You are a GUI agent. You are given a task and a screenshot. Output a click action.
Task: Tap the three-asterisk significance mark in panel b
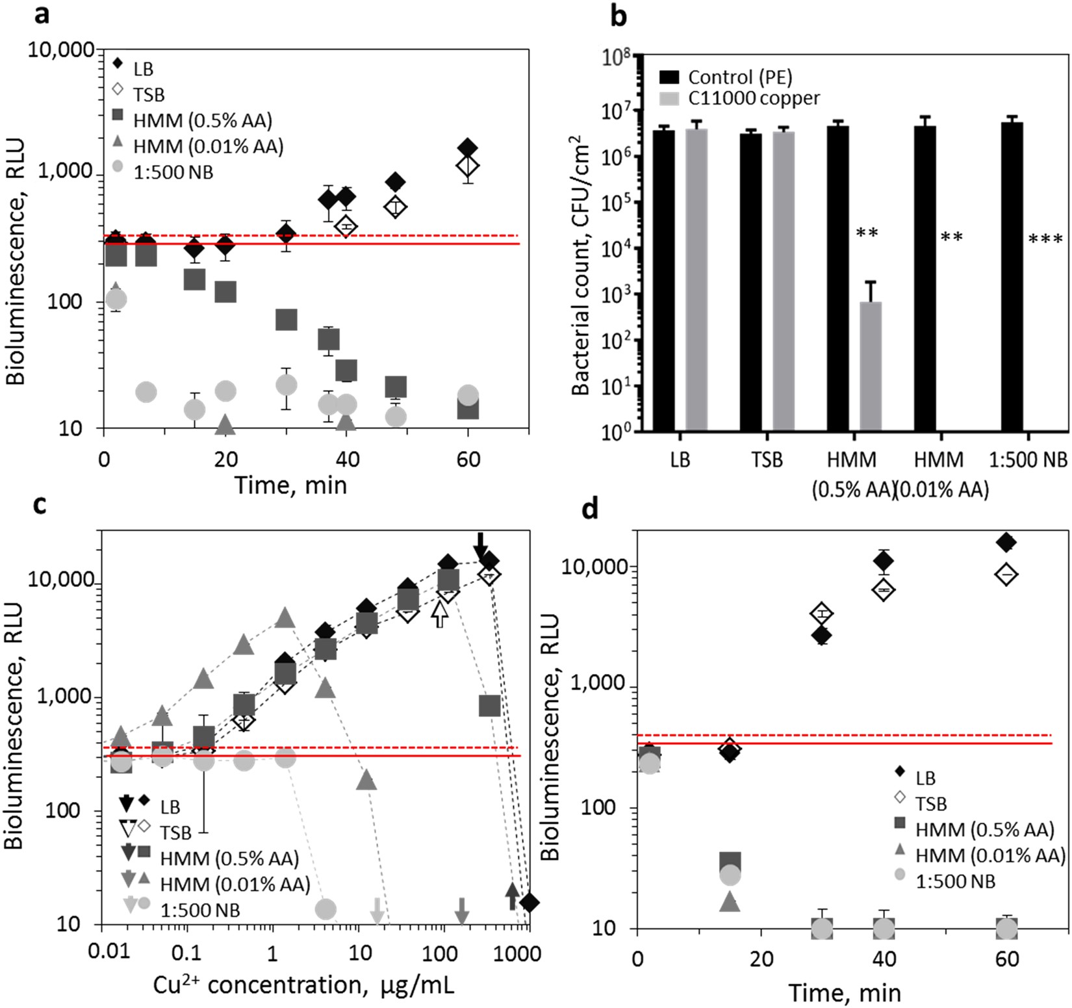1045,240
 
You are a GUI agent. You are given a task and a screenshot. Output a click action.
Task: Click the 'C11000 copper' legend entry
754,98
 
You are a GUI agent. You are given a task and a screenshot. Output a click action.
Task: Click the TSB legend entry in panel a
149,95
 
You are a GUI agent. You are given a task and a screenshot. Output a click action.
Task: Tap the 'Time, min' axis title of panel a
290,484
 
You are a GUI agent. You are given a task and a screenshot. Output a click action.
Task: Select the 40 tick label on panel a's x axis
347,459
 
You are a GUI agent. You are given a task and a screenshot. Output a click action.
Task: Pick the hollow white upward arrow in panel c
440,614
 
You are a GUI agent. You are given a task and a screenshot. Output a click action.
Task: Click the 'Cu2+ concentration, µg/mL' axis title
303,985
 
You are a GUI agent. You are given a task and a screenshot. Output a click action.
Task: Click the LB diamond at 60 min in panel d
1006,542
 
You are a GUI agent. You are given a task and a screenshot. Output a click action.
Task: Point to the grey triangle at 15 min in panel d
730,901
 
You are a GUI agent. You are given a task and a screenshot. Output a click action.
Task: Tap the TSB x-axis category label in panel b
767,459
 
